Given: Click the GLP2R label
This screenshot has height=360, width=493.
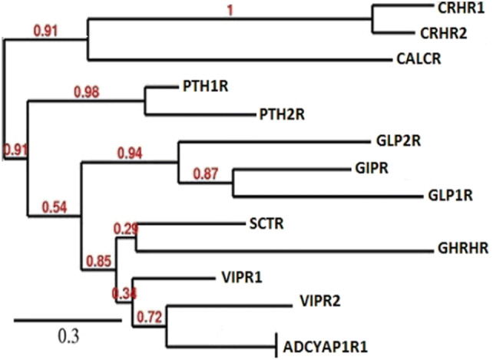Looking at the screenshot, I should tap(399, 141).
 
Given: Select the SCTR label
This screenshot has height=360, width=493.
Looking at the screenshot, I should tap(265, 223).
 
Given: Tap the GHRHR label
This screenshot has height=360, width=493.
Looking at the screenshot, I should tap(460, 250).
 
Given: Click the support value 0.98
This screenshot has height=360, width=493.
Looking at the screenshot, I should tap(87, 93).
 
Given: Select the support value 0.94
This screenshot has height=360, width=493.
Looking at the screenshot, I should tap(129, 155).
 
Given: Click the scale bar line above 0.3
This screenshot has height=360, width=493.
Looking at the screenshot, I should tap(67, 318).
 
